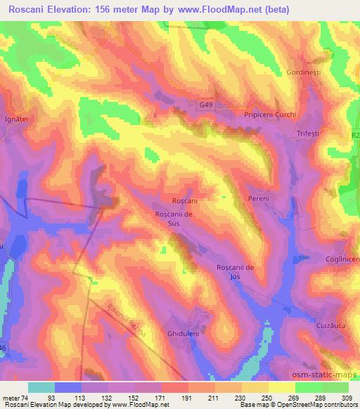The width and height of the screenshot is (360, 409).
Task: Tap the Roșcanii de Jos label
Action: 239,272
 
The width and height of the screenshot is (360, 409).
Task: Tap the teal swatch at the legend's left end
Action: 41,387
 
